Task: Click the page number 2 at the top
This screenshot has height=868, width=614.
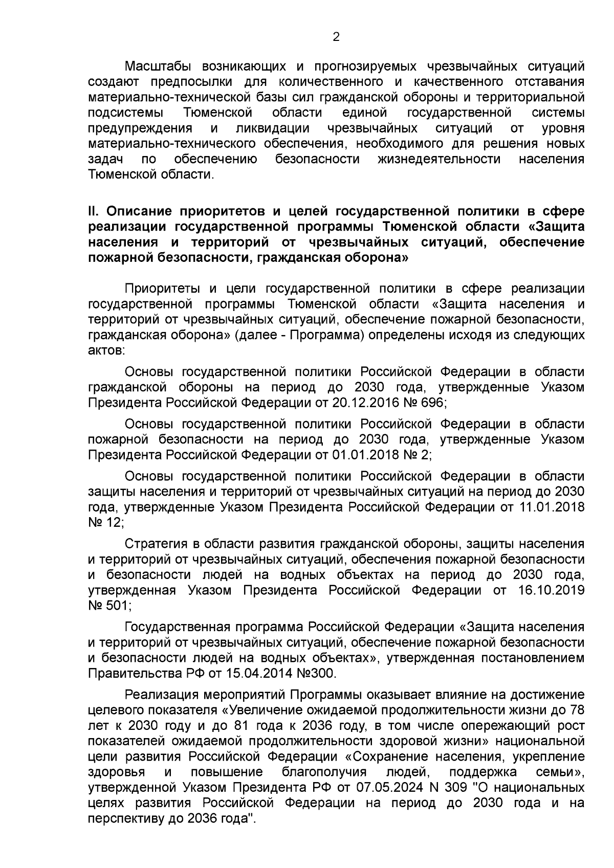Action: click(x=336, y=37)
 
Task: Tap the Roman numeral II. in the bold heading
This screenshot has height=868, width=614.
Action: click(x=95, y=211)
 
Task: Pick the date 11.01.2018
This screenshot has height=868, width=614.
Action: click(x=555, y=507)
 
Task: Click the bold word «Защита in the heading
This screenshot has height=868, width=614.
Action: click(x=555, y=227)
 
